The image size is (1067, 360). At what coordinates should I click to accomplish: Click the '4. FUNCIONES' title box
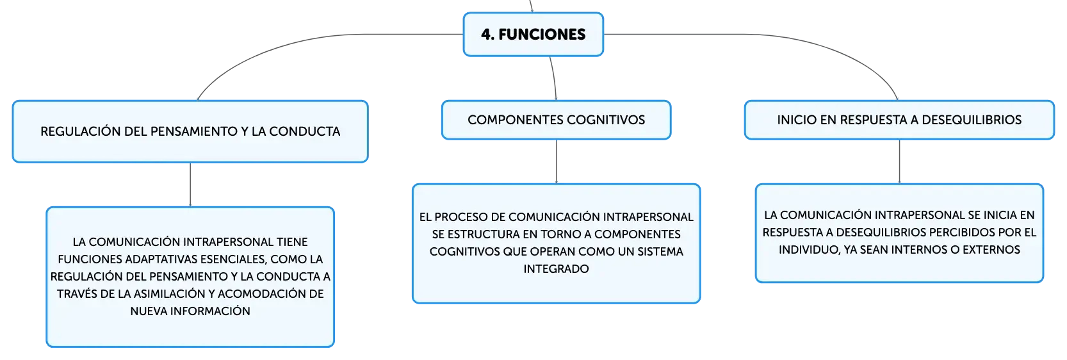[533, 35]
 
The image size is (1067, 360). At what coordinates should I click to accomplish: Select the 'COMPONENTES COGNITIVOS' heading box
[557, 120]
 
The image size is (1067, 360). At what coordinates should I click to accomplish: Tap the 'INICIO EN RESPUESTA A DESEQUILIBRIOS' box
[899, 120]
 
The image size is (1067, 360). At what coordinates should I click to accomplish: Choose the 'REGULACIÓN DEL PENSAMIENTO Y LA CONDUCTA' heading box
[190, 131]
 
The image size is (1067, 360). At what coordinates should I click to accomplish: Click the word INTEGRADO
[557, 269]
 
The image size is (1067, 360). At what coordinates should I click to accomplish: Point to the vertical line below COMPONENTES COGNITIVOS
[557, 161]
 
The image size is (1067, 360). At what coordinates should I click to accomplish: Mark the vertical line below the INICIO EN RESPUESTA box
[899, 161]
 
